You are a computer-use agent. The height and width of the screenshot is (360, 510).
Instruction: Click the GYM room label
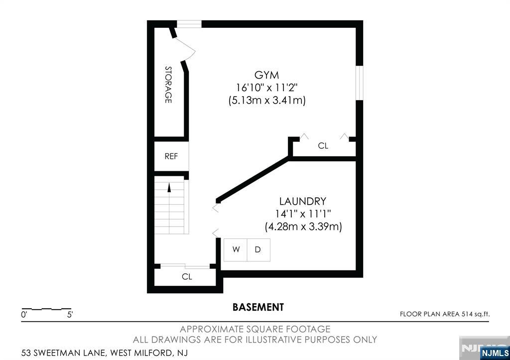pyautogui.click(x=267, y=75)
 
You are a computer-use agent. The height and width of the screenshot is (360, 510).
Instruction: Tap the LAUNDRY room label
pyautogui.click(x=302, y=201)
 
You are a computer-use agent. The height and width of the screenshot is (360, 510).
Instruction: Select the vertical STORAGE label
pyautogui.click(x=168, y=85)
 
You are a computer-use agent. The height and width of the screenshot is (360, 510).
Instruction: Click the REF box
pyautogui.click(x=171, y=156)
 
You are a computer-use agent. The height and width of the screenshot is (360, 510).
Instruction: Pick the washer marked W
pyautogui.click(x=236, y=250)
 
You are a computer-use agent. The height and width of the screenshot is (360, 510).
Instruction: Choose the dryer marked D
pyautogui.click(x=258, y=250)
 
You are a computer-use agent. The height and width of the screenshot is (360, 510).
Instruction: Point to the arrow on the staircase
pyautogui.click(x=169, y=188)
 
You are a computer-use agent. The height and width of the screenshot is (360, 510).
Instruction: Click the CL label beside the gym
pyautogui.click(x=323, y=146)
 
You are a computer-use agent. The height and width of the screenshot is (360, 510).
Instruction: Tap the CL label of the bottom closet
pyautogui.click(x=187, y=277)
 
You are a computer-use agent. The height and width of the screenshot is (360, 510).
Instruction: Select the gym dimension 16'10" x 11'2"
pyautogui.click(x=267, y=88)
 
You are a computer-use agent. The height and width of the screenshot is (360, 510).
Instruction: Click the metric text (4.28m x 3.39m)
pyautogui.click(x=303, y=227)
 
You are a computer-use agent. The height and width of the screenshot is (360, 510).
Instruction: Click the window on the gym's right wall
pyautogui.click(x=359, y=83)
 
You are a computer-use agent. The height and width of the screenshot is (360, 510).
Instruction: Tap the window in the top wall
pyautogui.click(x=189, y=24)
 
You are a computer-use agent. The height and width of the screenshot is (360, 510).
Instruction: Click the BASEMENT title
pyautogui.click(x=258, y=307)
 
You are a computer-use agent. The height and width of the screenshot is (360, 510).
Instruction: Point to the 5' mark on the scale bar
pyautogui.click(x=70, y=315)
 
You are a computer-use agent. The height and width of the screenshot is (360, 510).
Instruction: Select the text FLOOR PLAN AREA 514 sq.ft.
pyautogui.click(x=445, y=314)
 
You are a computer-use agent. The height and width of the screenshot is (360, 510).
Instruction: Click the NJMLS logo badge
pyautogui.click(x=495, y=353)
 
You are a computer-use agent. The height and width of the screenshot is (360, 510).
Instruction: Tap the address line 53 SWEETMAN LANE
pyautogui.click(x=63, y=353)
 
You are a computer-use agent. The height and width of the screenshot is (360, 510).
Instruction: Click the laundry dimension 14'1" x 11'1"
pyautogui.click(x=303, y=214)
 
